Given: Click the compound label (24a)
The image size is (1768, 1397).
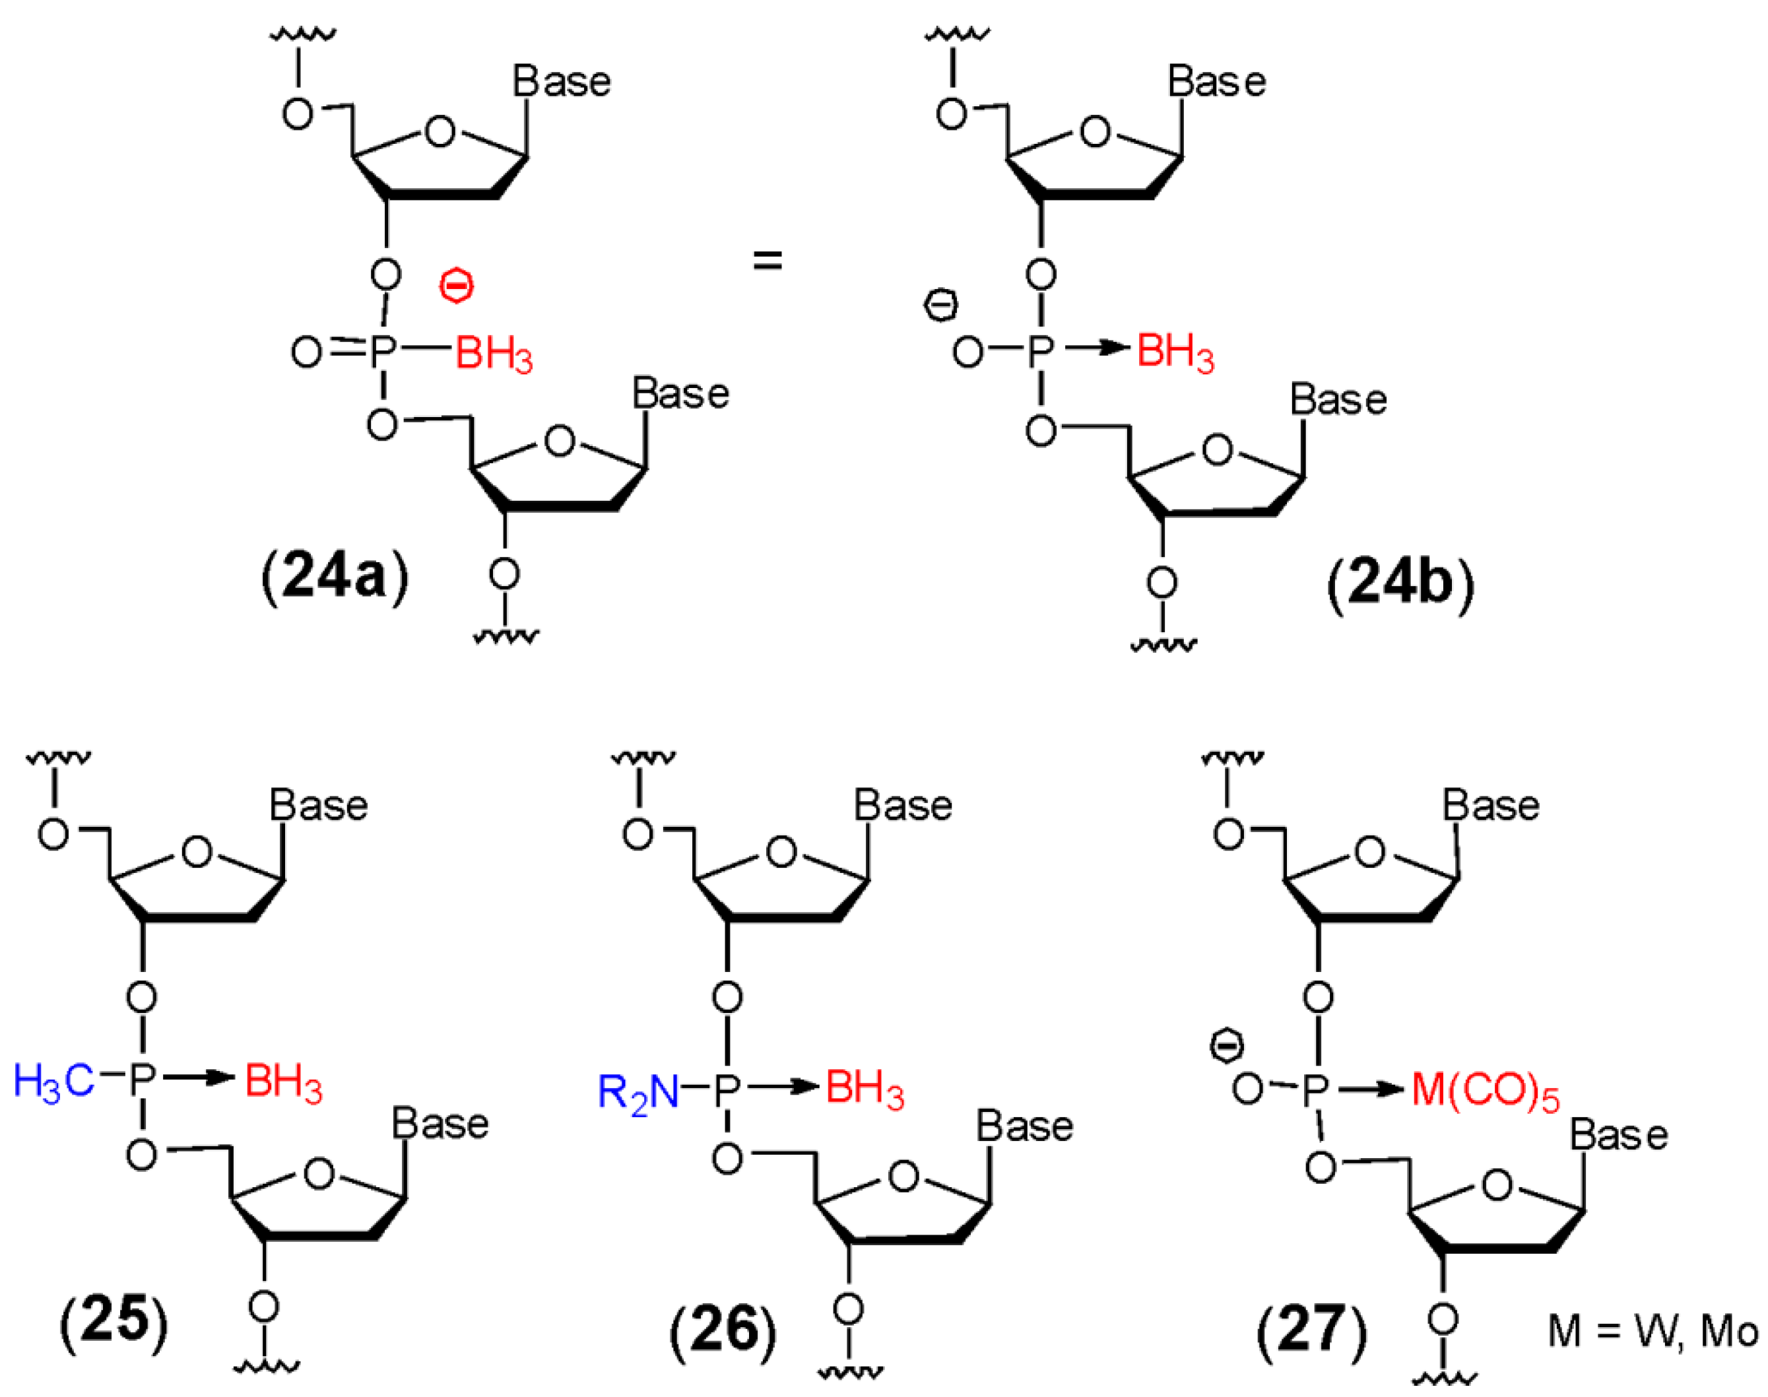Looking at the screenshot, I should pyautogui.click(x=335, y=578).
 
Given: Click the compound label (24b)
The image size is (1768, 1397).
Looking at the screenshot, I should pyautogui.click(x=1399, y=585).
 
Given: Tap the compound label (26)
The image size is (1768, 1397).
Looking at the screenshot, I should pyautogui.click(x=723, y=1330).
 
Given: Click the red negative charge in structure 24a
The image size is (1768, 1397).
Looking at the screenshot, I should pyautogui.click(x=456, y=286).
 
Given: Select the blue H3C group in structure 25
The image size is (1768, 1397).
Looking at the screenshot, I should pyautogui.click(x=54, y=1082).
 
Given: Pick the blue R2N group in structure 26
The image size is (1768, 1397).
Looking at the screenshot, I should pyautogui.click(x=638, y=1092).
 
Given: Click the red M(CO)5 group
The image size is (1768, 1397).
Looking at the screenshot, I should pyautogui.click(x=1485, y=1092).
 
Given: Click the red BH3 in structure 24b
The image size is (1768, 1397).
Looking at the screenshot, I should pyautogui.click(x=1175, y=352).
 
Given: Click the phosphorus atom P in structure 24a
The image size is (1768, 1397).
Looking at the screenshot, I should pyautogui.click(x=382, y=352).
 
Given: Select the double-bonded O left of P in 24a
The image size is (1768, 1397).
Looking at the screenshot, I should pyautogui.click(x=307, y=353).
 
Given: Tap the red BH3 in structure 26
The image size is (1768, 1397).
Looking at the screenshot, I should pyautogui.click(x=865, y=1090).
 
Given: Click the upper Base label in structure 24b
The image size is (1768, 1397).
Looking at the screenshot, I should pyautogui.click(x=1216, y=82).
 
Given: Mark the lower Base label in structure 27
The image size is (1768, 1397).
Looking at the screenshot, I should pyautogui.click(x=1618, y=1136).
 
